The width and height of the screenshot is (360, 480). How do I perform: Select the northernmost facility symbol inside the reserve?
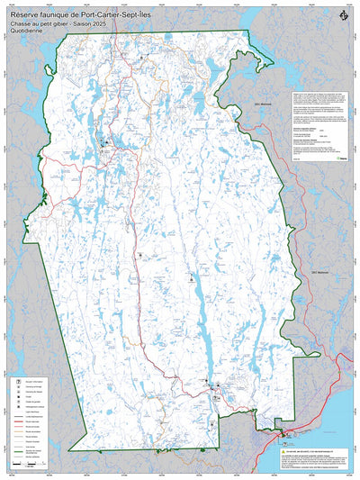tap(140, 56)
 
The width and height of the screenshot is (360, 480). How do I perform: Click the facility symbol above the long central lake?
tap(191, 279)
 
